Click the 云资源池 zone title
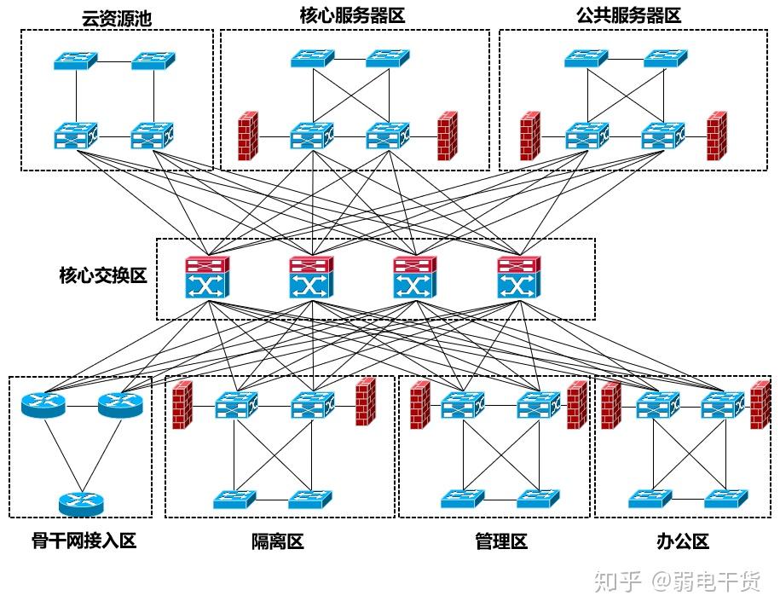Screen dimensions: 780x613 coord(117,19)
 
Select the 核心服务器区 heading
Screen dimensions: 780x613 coord(352,15)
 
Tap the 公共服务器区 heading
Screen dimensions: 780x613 coord(629,15)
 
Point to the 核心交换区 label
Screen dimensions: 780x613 coord(103,275)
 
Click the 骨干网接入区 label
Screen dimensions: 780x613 coord(84,541)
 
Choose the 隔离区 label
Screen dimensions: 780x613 coord(278,541)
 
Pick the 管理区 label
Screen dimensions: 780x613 coord(501,541)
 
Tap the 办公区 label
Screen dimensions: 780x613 coord(683,541)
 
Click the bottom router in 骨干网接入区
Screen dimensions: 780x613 coord(81,504)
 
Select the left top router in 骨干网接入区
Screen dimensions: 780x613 coord(43,405)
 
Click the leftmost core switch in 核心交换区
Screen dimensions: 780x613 coord(207,277)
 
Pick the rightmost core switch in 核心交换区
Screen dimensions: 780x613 coord(519,277)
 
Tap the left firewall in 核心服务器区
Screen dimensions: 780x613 coord(248,136)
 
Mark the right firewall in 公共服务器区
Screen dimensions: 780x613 coord(717,136)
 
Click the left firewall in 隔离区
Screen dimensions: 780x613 coord(182,404)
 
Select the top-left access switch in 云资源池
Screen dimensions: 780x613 coord(76,61)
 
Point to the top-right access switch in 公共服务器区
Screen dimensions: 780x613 coord(666,58)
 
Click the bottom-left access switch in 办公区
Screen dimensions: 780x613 coord(650,498)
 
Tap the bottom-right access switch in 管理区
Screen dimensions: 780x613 coord(538,498)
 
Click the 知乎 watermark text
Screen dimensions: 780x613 coord(617,581)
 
